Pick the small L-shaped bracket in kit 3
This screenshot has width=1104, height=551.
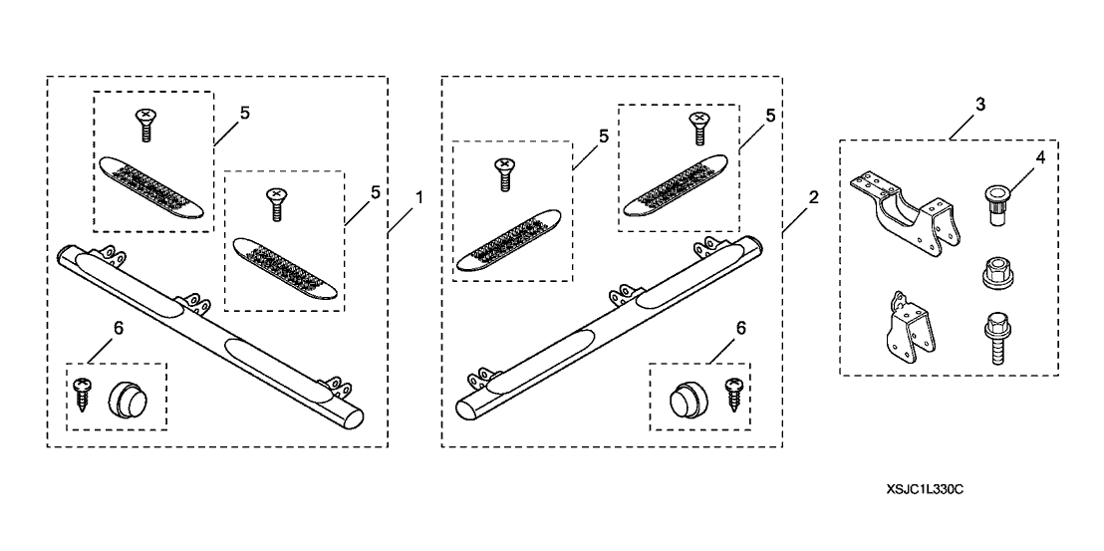[x=903, y=325]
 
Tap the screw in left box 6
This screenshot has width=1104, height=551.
[x=83, y=396]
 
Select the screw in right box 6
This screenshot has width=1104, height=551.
[x=734, y=393]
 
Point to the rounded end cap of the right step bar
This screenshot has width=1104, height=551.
[x=468, y=407]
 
